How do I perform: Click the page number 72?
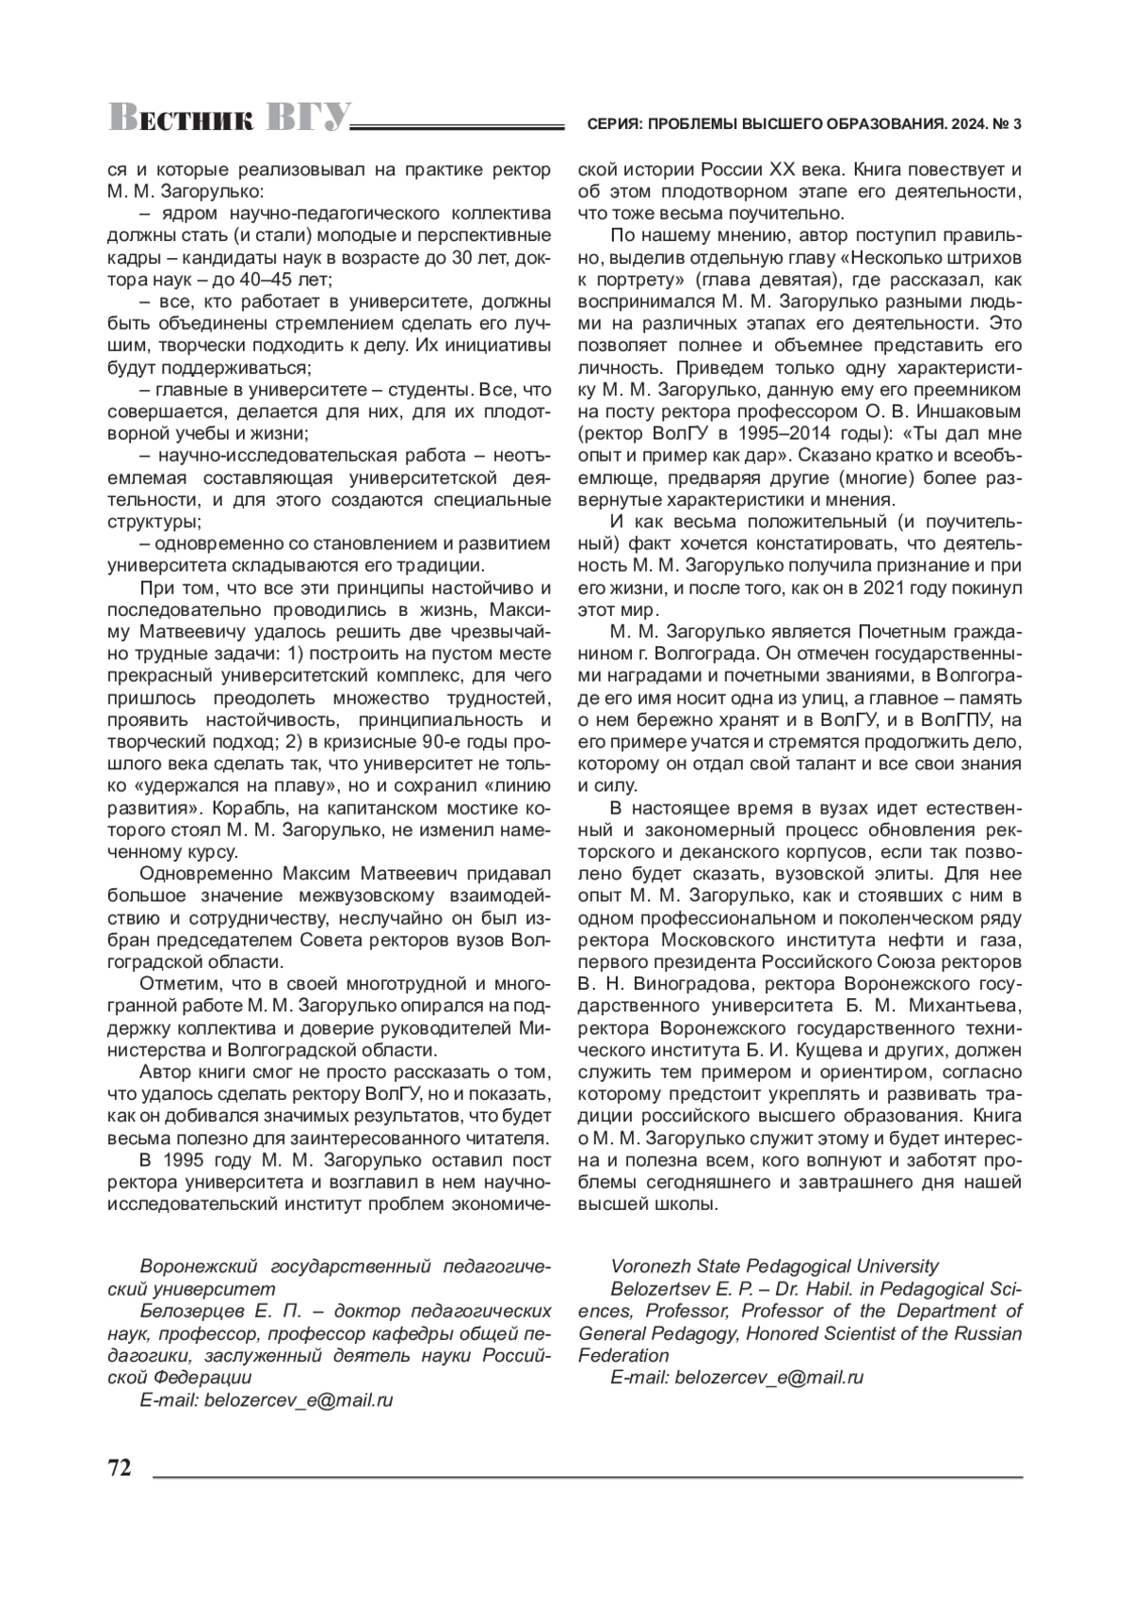pos(120,1469)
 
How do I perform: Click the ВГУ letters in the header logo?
pos(303,119)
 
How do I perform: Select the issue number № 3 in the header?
pos(1009,124)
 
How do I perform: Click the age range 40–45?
pos(251,280)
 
